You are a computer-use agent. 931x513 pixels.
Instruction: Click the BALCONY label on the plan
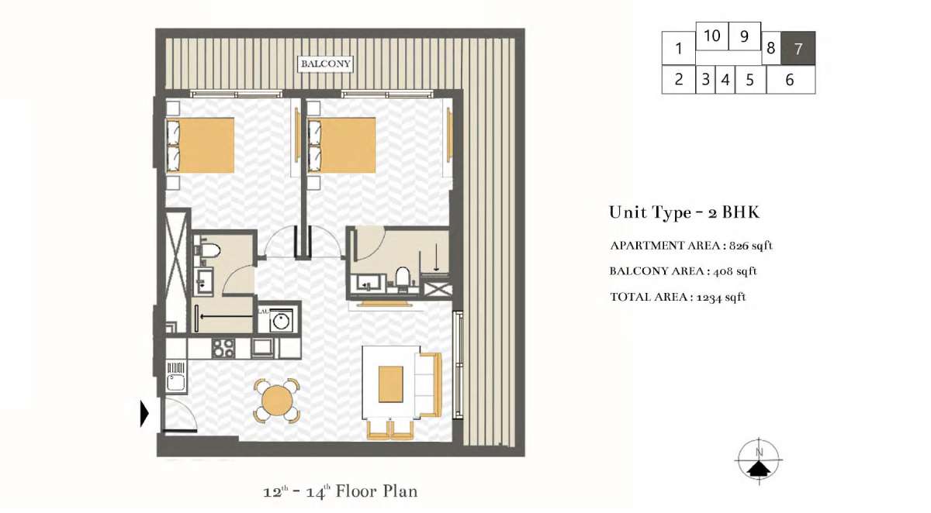(325, 64)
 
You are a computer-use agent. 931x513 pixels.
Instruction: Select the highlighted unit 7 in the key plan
(798, 48)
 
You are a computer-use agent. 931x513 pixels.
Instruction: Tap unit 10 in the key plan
(712, 36)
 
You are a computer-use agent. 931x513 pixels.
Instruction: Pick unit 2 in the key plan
(678, 79)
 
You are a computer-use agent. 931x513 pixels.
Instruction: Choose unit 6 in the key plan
(790, 80)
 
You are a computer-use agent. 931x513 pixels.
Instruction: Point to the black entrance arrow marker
(144, 413)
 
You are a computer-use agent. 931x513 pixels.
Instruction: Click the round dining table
(277, 400)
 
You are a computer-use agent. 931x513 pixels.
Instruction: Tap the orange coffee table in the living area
(391, 384)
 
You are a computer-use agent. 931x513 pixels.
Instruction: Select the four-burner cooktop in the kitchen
(223, 348)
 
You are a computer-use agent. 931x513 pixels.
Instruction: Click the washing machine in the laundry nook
(282, 321)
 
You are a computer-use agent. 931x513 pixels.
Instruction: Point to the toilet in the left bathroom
(208, 250)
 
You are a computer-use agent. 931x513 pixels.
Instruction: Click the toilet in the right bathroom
(403, 277)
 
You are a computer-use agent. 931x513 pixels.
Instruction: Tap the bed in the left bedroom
(200, 145)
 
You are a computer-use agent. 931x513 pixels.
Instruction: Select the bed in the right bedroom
(342, 145)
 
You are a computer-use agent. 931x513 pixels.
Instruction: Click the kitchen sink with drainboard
(176, 376)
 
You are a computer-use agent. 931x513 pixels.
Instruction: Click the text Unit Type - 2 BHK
(684, 212)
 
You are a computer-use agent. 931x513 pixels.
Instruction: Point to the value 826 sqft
(751, 246)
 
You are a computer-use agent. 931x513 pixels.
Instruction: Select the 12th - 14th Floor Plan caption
(341, 491)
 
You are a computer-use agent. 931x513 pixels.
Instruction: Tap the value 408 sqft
(735, 271)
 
